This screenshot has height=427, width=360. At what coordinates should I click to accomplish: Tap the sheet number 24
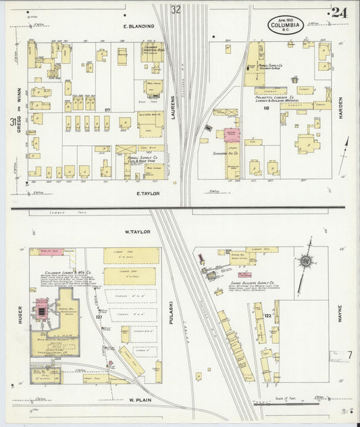pyautogui.click(x=339, y=13)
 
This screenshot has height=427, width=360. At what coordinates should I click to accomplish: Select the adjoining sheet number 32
pyautogui.click(x=176, y=9)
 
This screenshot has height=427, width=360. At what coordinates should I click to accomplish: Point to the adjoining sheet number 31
pyautogui.click(x=13, y=122)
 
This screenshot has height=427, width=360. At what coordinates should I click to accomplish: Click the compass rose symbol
pyautogui.click(x=307, y=260)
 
